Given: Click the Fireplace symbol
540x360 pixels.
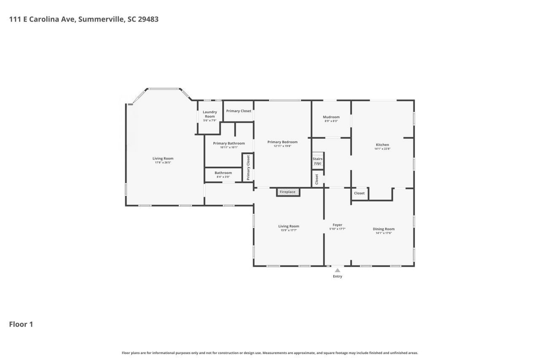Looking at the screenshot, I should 288,192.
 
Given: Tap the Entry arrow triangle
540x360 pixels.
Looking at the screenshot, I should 337,271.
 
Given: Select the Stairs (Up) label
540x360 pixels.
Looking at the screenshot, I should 317,161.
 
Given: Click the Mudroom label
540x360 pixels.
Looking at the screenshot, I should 331,117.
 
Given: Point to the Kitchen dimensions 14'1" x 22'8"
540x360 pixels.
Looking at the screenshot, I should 382,149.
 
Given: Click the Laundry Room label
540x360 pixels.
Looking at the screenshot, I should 210,114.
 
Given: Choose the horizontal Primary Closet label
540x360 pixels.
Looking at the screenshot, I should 238,111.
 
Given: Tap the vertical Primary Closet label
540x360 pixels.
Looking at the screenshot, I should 248,168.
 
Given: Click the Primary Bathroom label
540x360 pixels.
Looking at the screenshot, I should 229,143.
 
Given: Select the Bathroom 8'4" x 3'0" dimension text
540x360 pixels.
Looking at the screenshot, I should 223,177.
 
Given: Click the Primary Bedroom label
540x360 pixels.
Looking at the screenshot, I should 282,142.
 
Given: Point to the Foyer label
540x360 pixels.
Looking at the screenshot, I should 337,225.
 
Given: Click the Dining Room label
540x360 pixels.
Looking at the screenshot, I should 383,229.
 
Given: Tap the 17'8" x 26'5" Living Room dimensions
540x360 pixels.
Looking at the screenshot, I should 163,162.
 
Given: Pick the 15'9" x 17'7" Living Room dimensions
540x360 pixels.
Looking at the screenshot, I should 289,230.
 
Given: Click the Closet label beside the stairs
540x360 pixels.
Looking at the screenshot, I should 317,179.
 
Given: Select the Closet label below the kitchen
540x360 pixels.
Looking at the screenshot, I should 359,193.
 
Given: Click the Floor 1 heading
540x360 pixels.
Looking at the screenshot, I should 21,324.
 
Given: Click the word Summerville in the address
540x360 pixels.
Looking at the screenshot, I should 100,19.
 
